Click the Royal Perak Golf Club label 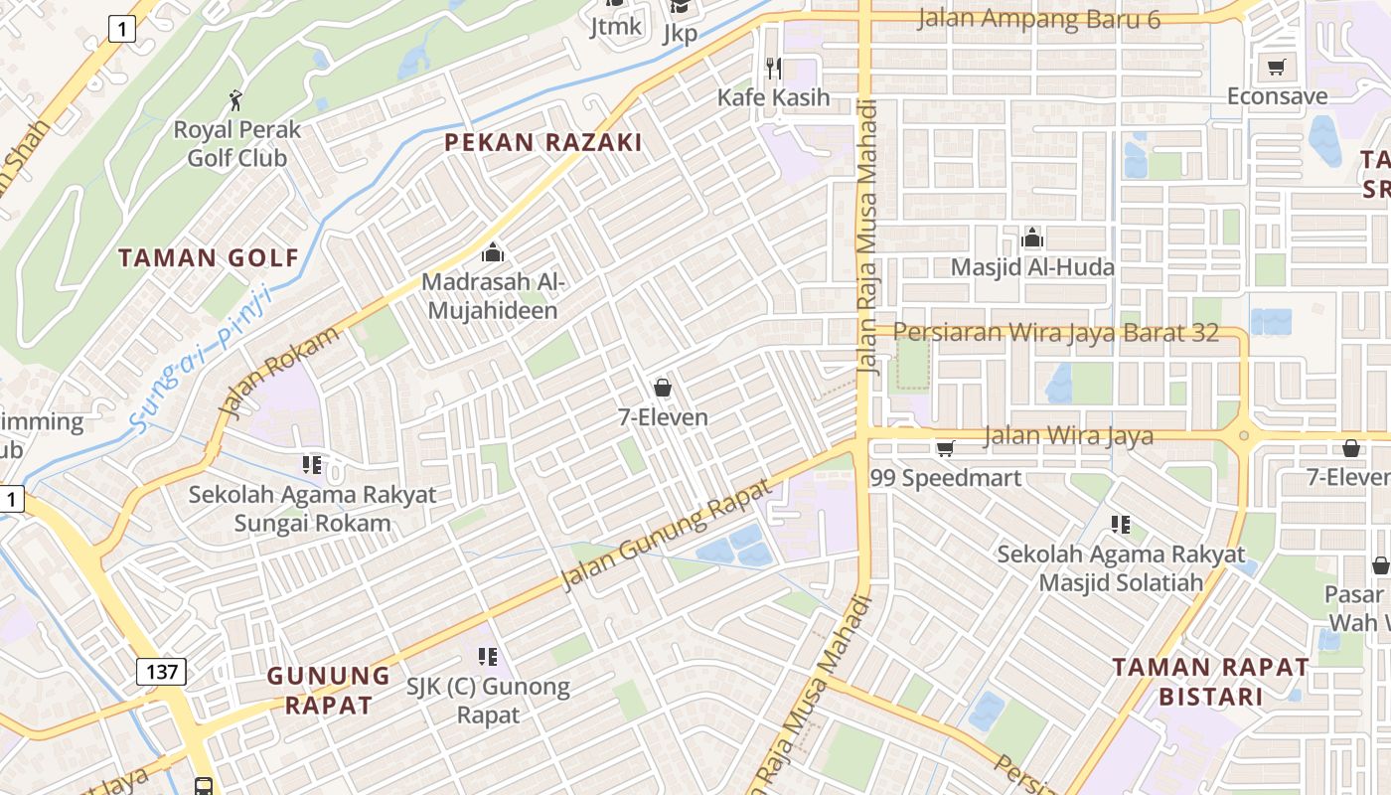point(236,144)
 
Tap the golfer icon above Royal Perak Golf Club point(235,100)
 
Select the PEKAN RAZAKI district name point(542,142)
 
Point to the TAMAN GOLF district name point(209,258)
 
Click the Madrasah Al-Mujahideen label point(494,295)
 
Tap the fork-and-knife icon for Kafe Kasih point(774,69)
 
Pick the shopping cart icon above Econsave point(1276,68)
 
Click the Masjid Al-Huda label point(1032,267)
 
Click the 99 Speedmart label point(945,478)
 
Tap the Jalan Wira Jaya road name point(1068,435)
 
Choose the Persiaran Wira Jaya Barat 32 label point(1055,332)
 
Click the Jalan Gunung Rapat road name point(666,535)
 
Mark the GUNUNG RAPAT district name point(329,691)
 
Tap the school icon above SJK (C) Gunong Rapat point(487,656)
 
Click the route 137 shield point(161,672)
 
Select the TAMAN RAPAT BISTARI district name point(1209,681)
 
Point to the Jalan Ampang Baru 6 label point(1038,18)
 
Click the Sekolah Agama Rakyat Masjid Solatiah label point(1121,567)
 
